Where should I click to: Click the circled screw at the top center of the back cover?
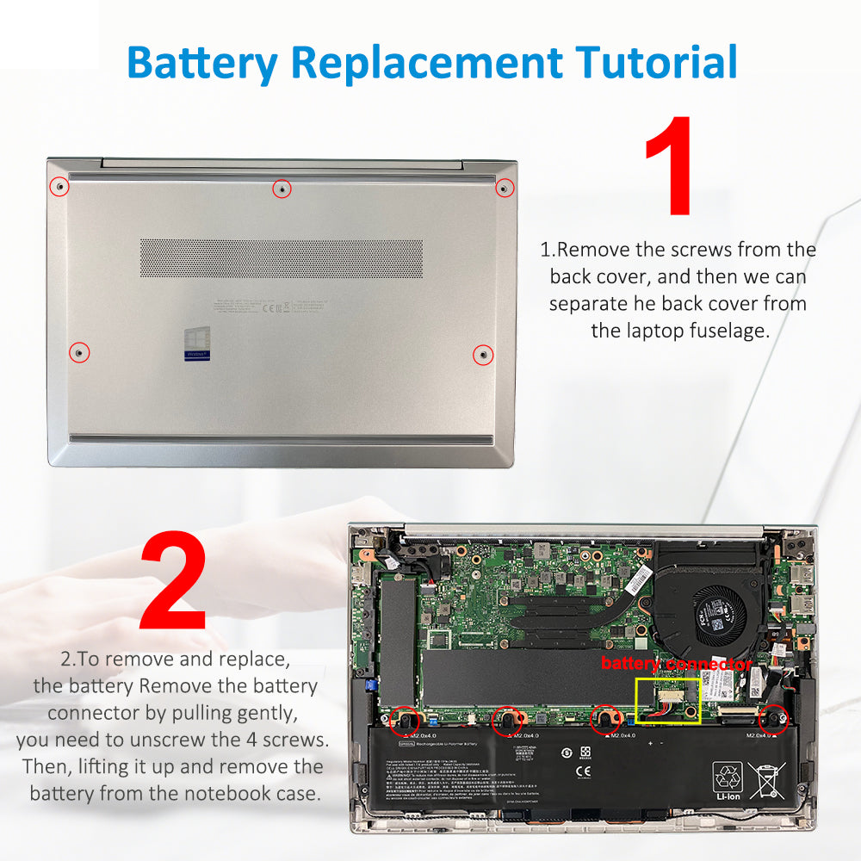pos(282,188)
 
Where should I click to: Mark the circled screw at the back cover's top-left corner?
pos(59,187)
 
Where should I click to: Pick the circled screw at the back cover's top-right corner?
pos(505,188)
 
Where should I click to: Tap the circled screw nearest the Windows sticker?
pos(79,352)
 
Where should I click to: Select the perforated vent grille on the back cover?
pos(282,258)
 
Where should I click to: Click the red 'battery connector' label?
pos(676,664)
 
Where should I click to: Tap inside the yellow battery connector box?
pos(667,701)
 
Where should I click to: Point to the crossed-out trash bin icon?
pos(765,780)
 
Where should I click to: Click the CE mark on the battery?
pos(583,771)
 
